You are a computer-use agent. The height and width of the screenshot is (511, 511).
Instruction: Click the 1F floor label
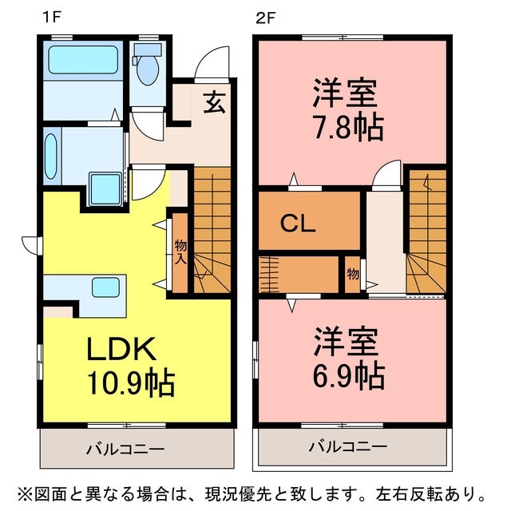click(x=52, y=18)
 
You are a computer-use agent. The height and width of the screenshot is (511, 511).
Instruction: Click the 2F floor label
click(x=265, y=18)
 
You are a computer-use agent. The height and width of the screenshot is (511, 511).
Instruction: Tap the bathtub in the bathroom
click(x=83, y=60)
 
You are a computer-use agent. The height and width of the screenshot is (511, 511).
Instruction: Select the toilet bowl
click(x=147, y=69)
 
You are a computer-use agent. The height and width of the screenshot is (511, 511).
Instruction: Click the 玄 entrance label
click(x=215, y=102)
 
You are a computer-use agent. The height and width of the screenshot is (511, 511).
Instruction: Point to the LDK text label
click(x=121, y=348)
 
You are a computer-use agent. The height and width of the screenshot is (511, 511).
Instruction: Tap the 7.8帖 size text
click(x=349, y=127)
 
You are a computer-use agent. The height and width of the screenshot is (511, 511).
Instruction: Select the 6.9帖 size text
click(x=349, y=376)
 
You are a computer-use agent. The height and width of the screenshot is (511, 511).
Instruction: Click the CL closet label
click(x=298, y=224)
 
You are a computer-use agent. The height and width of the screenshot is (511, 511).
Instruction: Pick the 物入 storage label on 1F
click(x=181, y=252)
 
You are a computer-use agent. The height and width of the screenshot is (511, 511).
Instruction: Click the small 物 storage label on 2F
click(x=353, y=274)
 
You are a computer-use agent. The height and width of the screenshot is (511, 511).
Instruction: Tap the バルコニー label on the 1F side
click(x=125, y=450)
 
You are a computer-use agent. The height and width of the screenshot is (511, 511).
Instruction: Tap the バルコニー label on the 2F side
click(x=348, y=446)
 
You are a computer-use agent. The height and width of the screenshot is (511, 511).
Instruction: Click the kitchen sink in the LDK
click(x=105, y=287)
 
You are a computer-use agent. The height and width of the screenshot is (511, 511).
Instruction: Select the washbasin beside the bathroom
click(x=51, y=156)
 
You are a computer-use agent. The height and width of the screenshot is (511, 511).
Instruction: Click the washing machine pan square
click(x=105, y=189)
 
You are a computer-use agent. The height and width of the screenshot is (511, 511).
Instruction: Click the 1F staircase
click(x=212, y=230)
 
